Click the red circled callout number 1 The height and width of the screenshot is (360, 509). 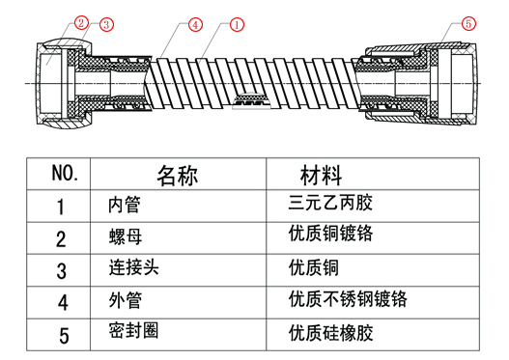[x=237, y=25]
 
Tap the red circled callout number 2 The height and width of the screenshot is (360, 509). [x=81, y=23]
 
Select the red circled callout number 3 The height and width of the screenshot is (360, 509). [x=106, y=24]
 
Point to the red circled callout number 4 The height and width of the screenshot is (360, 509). [x=195, y=25]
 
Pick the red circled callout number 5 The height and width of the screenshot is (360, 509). [x=468, y=23]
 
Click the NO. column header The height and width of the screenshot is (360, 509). [x=65, y=173]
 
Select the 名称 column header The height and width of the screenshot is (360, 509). [x=178, y=176]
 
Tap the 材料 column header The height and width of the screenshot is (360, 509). [x=321, y=176]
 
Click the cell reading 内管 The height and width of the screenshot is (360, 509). [x=125, y=205]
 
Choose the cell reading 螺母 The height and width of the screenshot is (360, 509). [x=126, y=236]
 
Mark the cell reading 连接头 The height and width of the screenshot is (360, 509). [x=133, y=267]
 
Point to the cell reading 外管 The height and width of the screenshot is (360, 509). [x=126, y=300]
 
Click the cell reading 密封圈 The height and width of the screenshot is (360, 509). [x=133, y=330]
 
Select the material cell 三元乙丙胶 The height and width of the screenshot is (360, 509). [x=330, y=203]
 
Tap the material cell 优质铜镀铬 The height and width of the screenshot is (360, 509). [x=330, y=234]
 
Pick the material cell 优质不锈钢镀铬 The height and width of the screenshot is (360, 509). [x=348, y=299]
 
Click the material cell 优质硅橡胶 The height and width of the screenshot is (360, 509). [x=330, y=333]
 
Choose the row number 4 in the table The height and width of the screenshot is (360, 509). [x=63, y=303]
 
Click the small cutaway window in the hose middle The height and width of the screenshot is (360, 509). [x=251, y=101]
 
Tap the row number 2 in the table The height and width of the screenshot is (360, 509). [x=61, y=239]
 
